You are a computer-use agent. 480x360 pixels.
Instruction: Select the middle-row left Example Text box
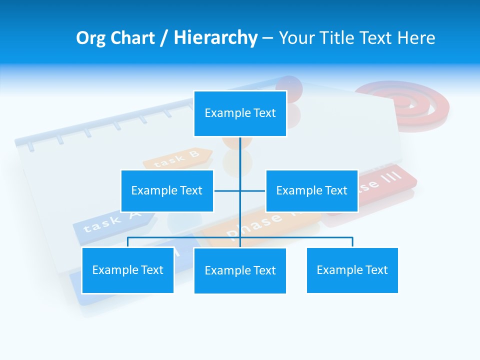[167, 190]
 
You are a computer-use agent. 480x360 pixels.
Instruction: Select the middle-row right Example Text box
[311, 190]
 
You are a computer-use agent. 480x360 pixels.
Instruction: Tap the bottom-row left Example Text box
[127, 270]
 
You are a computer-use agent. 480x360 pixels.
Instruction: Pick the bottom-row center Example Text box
[240, 270]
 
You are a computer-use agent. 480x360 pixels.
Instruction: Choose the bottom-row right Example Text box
[352, 270]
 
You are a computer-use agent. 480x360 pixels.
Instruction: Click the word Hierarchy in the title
[215, 38]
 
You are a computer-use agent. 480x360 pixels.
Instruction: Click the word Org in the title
[90, 38]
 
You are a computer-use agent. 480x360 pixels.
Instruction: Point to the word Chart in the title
[132, 38]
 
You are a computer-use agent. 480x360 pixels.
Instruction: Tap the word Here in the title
[416, 38]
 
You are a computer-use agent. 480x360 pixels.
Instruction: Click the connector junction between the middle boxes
[240, 190]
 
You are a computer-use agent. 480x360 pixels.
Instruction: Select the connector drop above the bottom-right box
[352, 242]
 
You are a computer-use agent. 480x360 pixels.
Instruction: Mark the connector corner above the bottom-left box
[128, 238]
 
